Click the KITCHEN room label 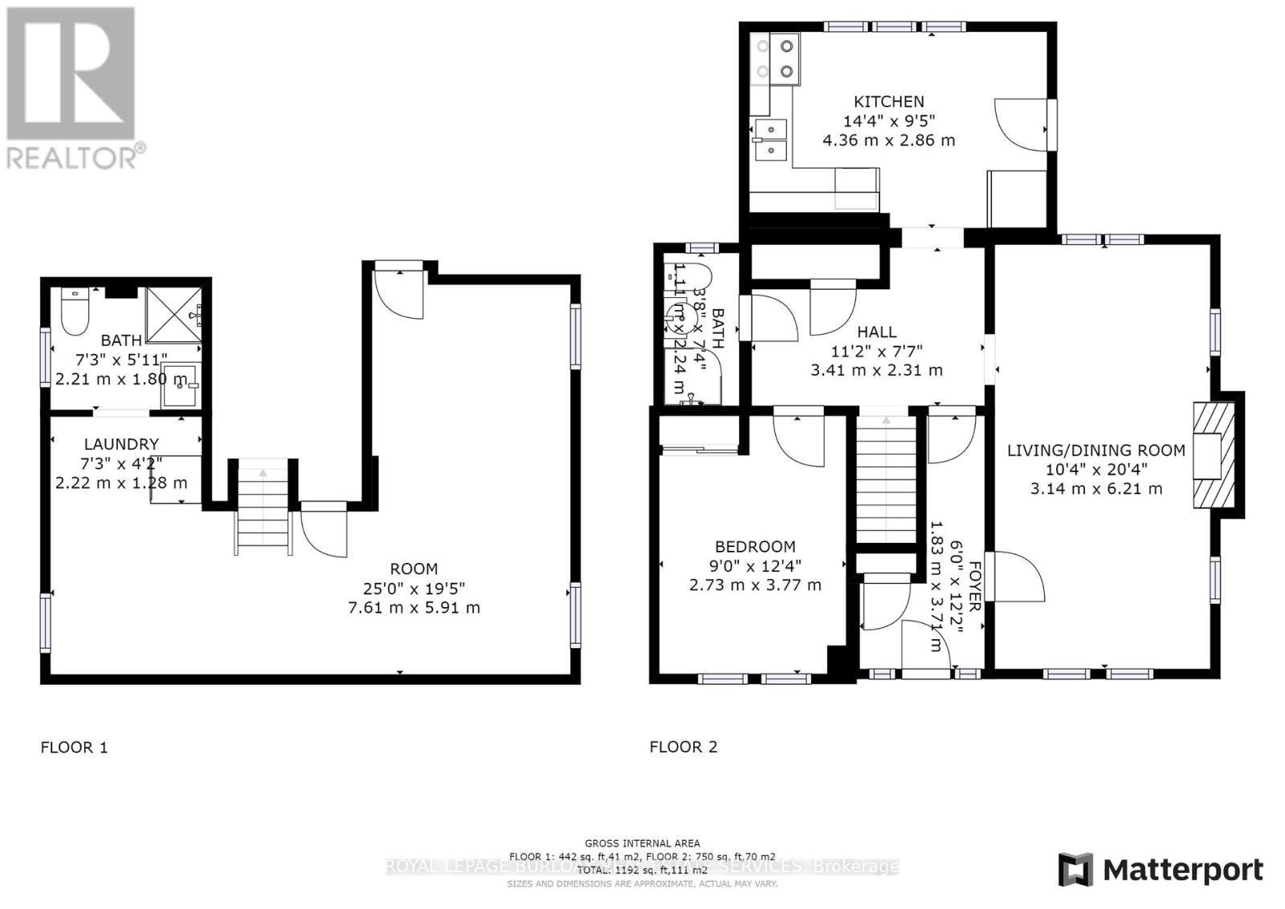(x=888, y=102)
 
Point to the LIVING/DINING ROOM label (x=1095, y=450)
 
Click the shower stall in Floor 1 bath (x=172, y=315)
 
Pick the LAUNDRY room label (x=121, y=444)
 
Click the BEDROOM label (x=755, y=547)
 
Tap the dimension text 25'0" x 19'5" (x=414, y=589)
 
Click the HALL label (x=876, y=332)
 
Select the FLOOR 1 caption (x=74, y=748)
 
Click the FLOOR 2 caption (x=683, y=747)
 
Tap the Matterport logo (x=1160, y=870)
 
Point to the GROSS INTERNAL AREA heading (x=642, y=843)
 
